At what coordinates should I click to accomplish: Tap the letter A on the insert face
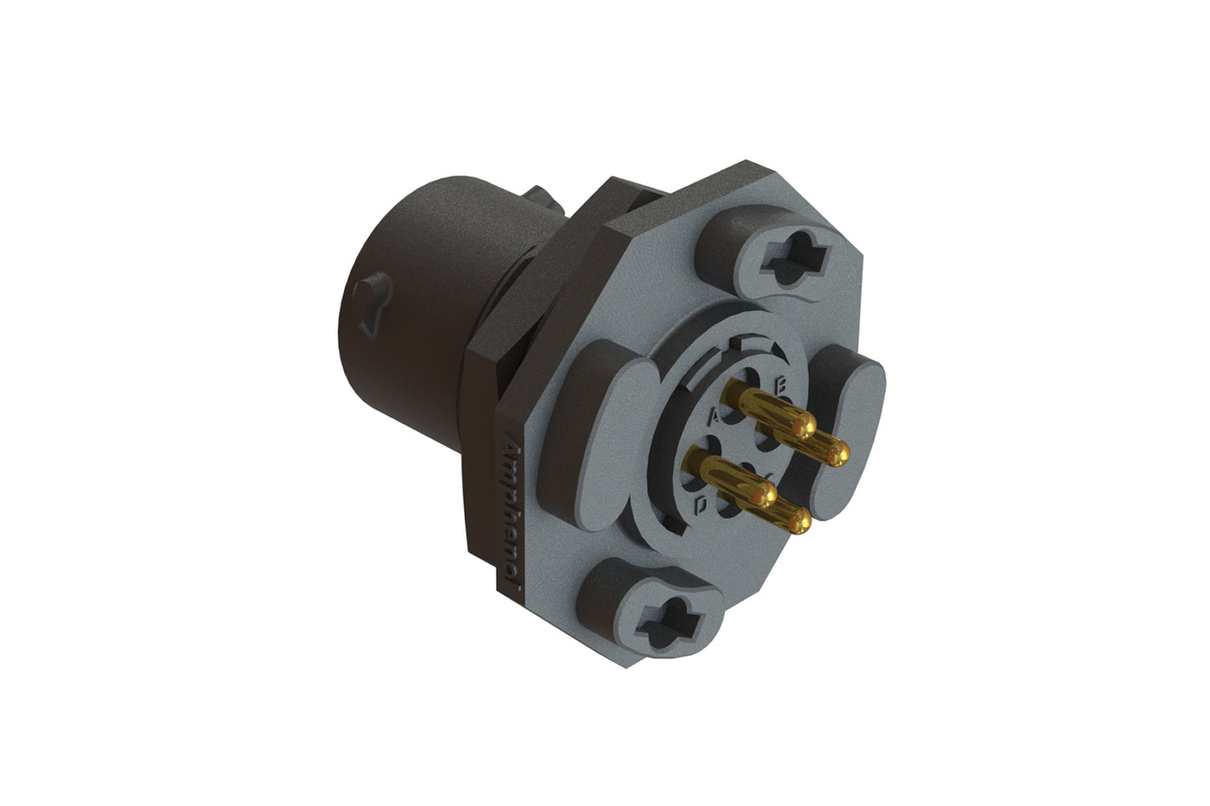(x=714, y=416)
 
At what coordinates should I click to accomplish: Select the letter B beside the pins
(x=780, y=387)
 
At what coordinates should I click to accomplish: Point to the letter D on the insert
(x=702, y=504)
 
